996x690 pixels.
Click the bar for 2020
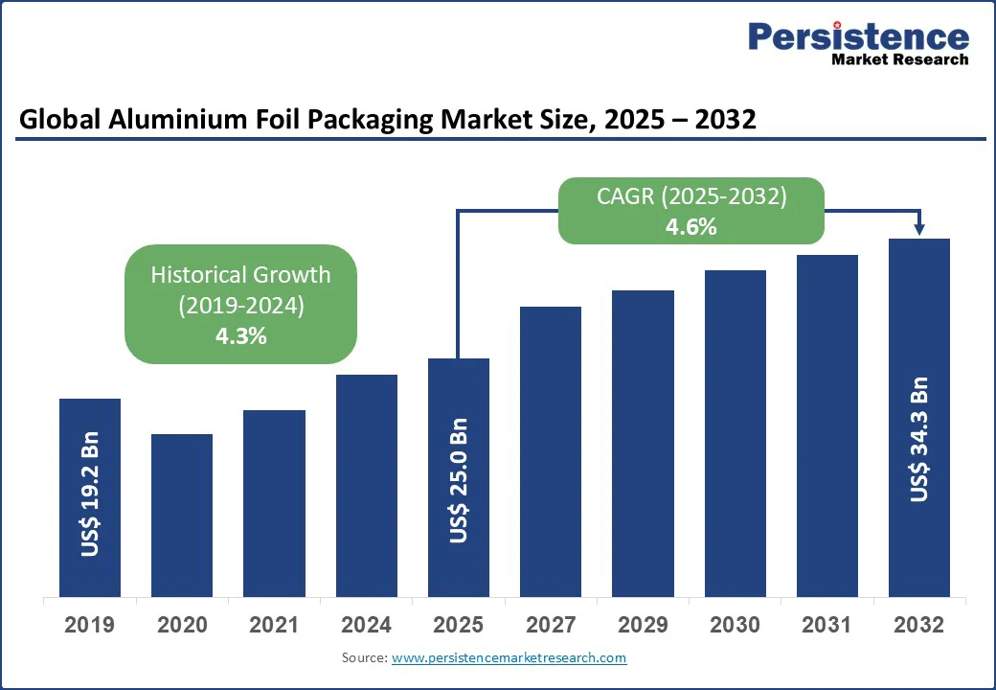point(182,515)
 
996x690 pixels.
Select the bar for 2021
point(274,503)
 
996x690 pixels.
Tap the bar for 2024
point(367,485)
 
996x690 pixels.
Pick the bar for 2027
point(551,451)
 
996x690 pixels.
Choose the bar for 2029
point(643,443)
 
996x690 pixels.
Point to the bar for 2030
point(736,433)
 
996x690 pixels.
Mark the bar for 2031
point(827,425)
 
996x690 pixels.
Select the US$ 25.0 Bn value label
point(459,481)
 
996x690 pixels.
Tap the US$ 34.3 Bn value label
point(919,439)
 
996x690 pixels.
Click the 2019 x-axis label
point(89,626)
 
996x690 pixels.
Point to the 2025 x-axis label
point(459,626)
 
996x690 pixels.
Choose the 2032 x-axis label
point(919,626)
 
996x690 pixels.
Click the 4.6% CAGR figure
point(691,227)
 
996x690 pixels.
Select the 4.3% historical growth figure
point(241,336)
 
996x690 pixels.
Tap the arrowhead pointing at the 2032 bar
point(919,228)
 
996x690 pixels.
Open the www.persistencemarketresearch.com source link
point(509,658)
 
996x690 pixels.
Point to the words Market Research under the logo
point(900,59)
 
